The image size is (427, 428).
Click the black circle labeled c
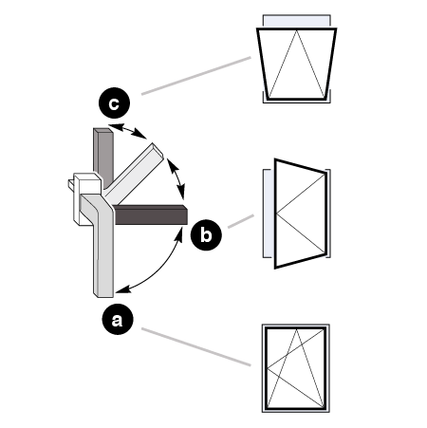click(x=114, y=103)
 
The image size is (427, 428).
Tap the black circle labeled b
click(x=206, y=235)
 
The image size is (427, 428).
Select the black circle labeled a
click(x=118, y=319)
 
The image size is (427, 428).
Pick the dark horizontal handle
click(x=150, y=214)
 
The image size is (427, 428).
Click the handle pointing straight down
click(x=101, y=247)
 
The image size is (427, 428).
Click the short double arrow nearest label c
click(x=127, y=131)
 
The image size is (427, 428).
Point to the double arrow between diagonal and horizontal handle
click(x=176, y=178)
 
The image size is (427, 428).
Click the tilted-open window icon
click(x=296, y=59)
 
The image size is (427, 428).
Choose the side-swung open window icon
click(x=297, y=214)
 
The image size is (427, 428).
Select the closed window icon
click(x=296, y=368)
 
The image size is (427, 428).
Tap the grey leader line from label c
click(x=196, y=76)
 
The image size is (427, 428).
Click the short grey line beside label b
click(x=241, y=221)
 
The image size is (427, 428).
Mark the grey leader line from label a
click(x=196, y=347)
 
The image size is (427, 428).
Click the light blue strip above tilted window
click(x=297, y=21)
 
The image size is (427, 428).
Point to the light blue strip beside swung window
click(x=269, y=214)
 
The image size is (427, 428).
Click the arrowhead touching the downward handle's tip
click(x=122, y=289)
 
